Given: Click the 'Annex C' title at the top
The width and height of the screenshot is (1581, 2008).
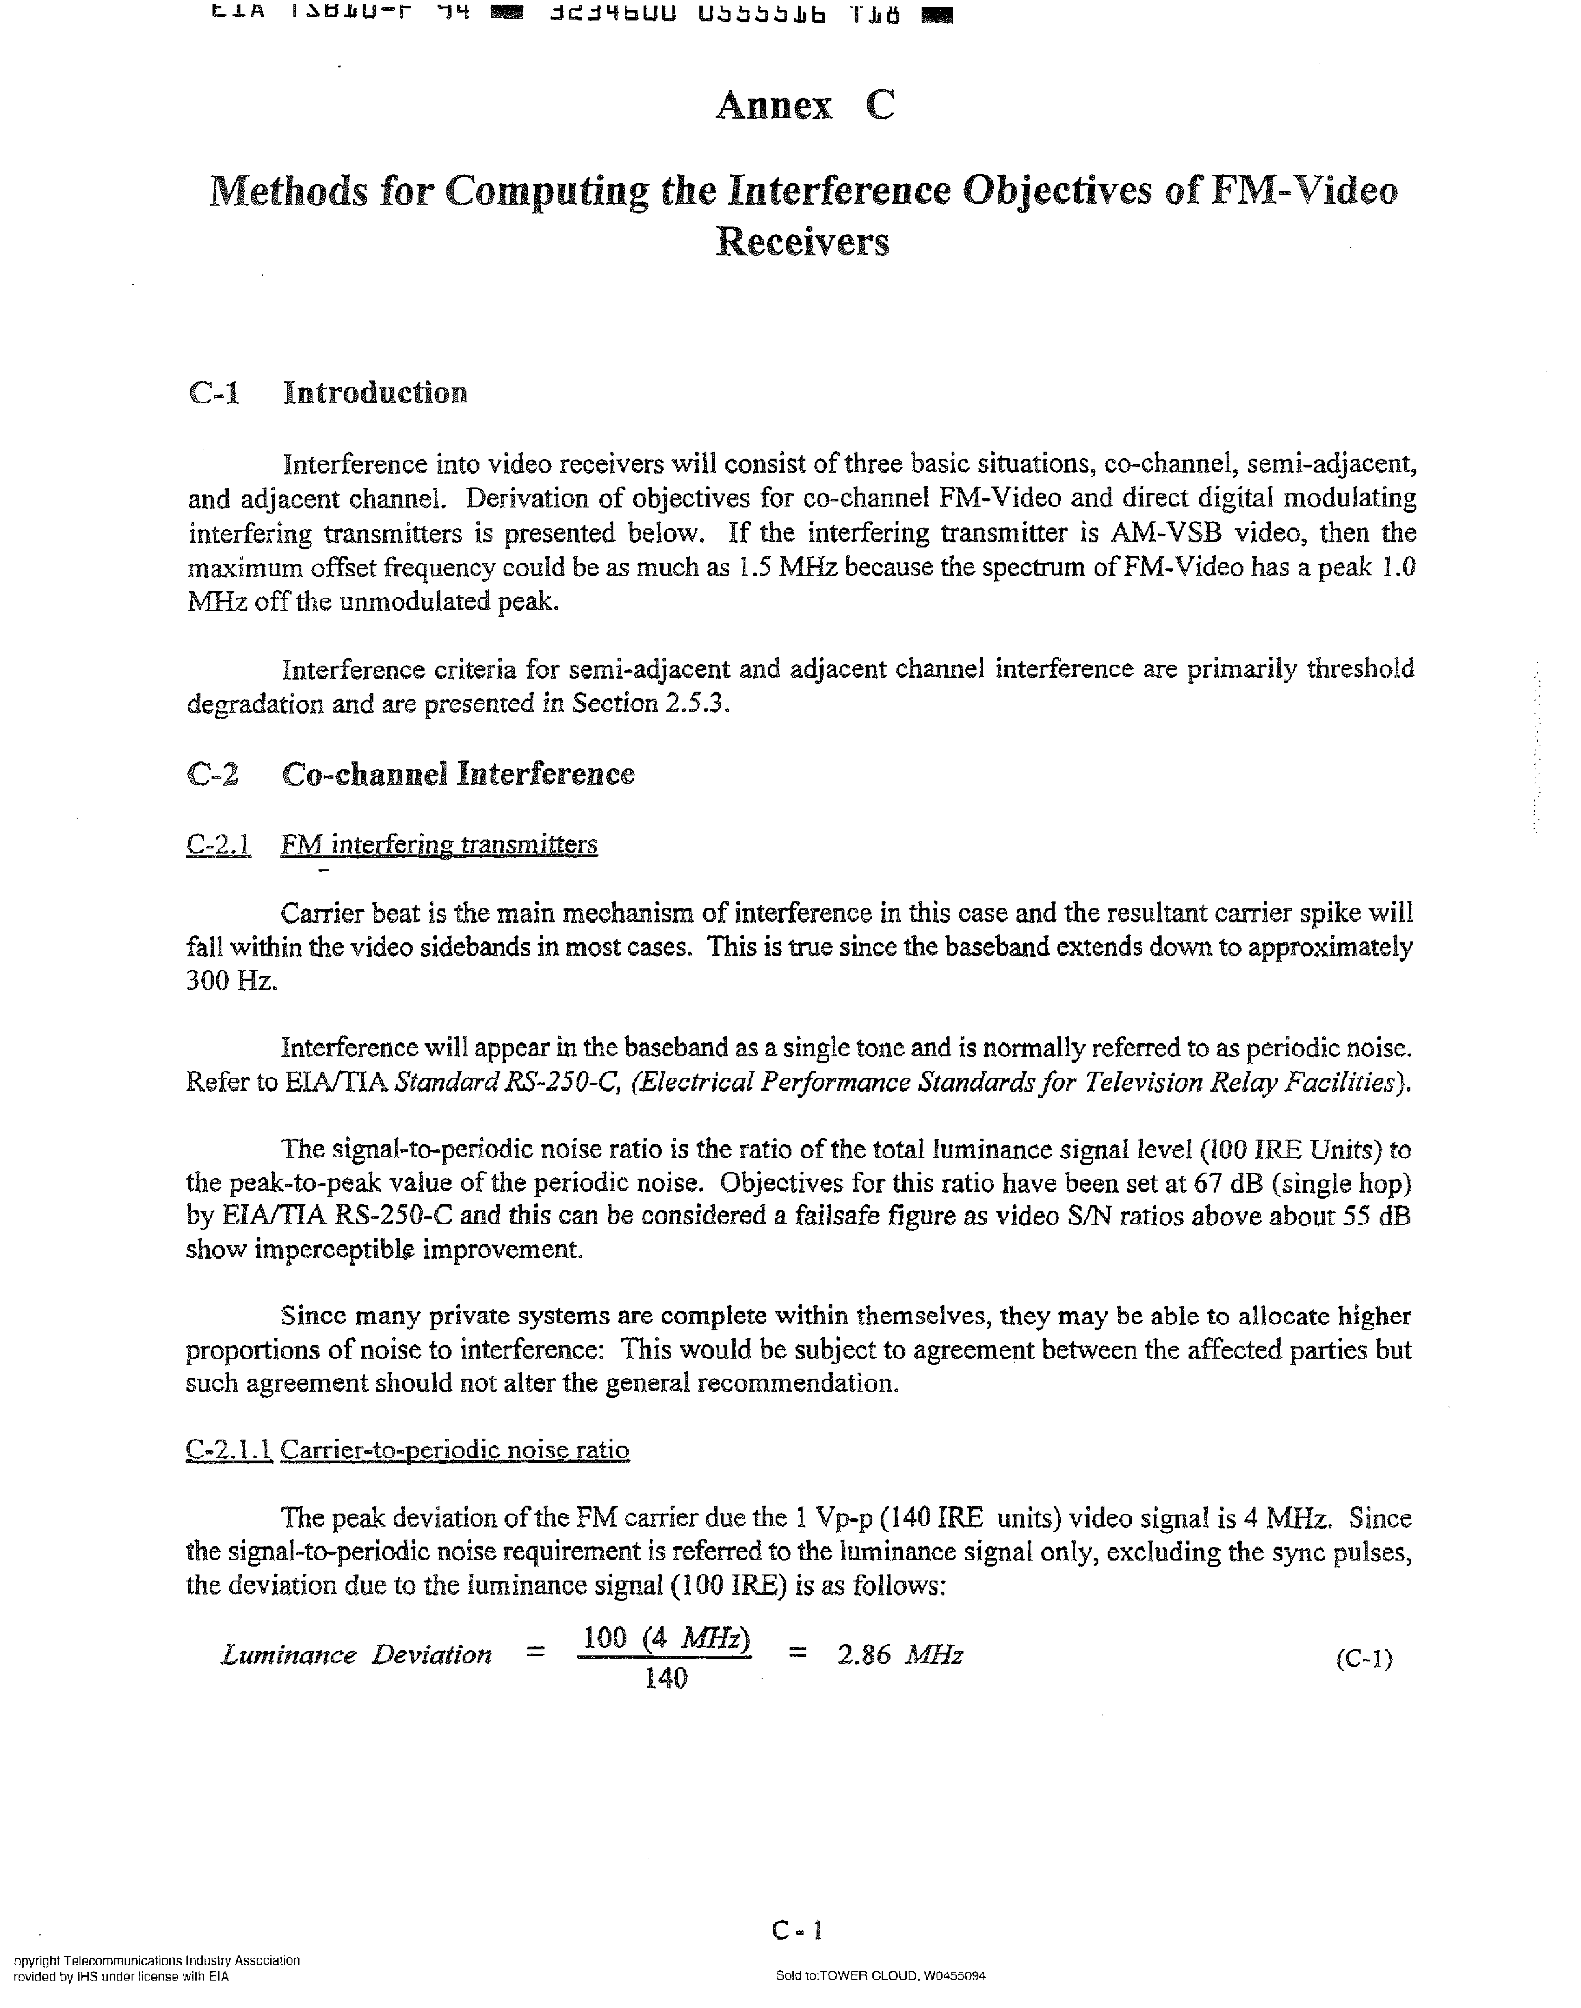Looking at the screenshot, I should point(804,106).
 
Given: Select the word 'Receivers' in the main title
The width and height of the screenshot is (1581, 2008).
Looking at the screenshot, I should point(803,242).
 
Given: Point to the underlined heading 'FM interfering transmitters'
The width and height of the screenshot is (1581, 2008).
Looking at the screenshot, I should point(439,844).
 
